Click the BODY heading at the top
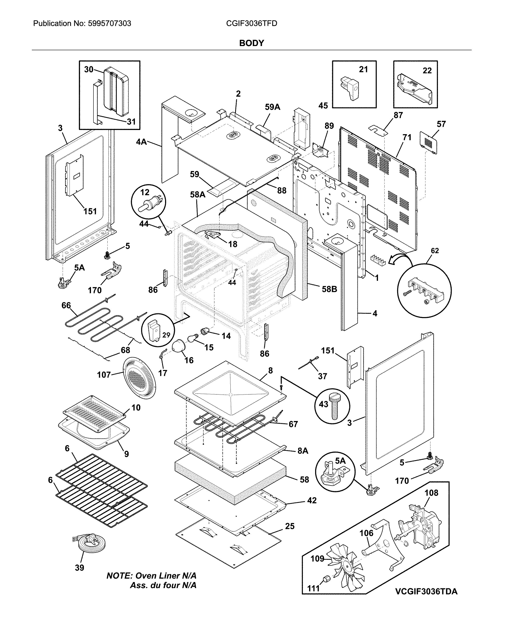coord(251,43)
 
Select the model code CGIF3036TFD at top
coord(251,23)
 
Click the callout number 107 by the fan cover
coord(104,375)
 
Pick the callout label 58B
coord(329,289)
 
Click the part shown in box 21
coord(350,87)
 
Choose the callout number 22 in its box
coord(427,71)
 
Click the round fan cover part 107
coord(139,378)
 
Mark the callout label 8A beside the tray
coord(303,451)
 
